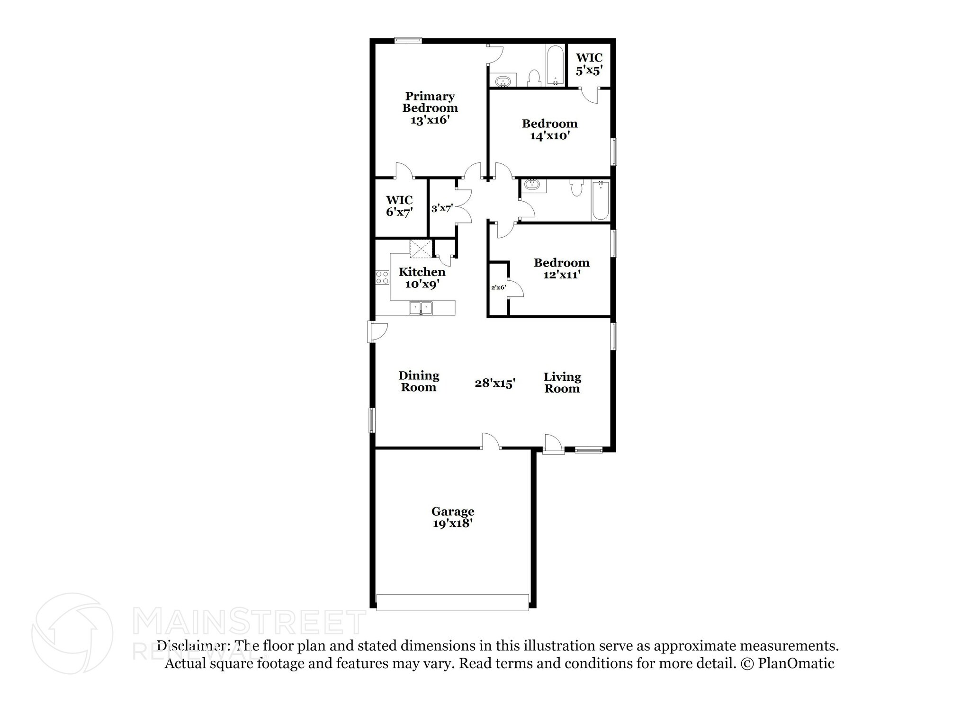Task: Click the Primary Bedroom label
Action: tap(430, 108)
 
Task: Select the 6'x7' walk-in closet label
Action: tap(399, 206)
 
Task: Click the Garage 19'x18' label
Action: tap(452, 518)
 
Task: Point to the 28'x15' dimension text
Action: tap(495, 383)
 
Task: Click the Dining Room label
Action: tap(419, 382)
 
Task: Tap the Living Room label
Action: tap(562, 383)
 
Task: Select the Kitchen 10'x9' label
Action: tap(422, 278)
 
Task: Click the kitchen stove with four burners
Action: tap(382, 278)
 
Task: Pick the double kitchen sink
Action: tap(421, 308)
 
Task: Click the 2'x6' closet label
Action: tap(498, 287)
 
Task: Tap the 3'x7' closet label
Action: tap(442, 208)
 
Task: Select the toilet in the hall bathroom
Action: tap(576, 188)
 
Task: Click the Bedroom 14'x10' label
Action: tap(549, 130)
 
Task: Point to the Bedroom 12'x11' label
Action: tap(561, 269)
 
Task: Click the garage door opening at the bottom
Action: tap(452, 602)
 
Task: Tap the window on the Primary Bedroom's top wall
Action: tap(408, 41)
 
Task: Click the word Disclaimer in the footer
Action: tap(194, 646)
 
